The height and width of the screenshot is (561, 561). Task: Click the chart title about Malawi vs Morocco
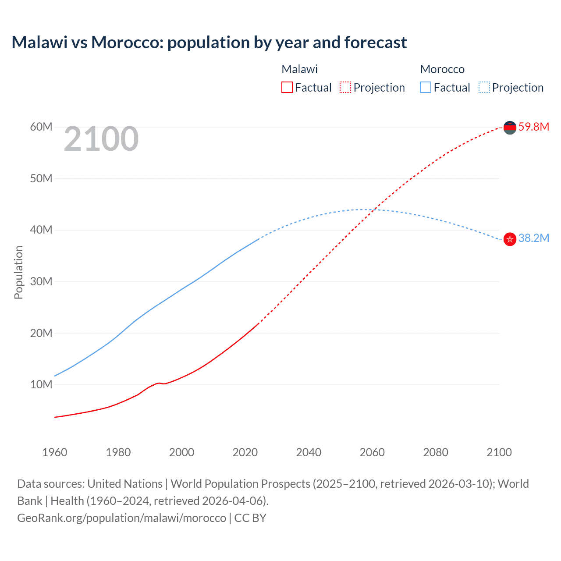(x=209, y=43)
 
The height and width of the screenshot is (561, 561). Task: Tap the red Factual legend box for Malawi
(x=287, y=87)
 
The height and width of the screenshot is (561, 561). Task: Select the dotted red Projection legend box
(x=345, y=87)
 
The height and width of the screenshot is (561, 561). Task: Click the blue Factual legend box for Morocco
(x=426, y=87)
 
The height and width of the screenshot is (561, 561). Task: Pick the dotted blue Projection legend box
(x=484, y=87)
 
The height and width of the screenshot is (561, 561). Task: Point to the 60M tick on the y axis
(x=41, y=127)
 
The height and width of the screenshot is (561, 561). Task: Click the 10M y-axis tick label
(x=41, y=384)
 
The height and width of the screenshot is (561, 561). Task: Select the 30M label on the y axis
(x=41, y=281)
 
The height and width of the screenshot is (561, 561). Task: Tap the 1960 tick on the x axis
(x=55, y=452)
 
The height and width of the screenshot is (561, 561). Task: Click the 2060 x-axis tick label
(x=372, y=452)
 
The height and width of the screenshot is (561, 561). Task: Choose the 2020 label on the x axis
(x=245, y=452)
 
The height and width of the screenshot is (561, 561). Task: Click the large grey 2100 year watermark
(x=101, y=139)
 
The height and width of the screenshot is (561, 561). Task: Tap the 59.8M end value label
(x=533, y=127)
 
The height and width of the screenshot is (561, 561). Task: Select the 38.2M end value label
(x=533, y=238)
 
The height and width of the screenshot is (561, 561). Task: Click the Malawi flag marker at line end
(x=510, y=128)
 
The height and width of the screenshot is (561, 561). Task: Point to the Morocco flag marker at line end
(x=510, y=239)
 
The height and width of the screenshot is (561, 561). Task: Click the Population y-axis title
(x=18, y=272)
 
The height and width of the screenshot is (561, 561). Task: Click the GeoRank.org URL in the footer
(x=121, y=518)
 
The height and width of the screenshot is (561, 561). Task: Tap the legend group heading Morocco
(x=442, y=69)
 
